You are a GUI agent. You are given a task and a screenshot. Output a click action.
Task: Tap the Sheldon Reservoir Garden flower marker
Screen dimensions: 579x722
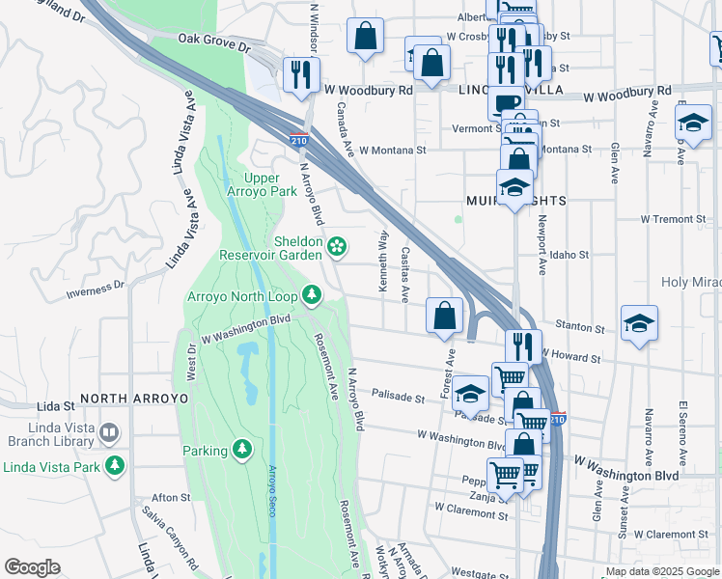337,247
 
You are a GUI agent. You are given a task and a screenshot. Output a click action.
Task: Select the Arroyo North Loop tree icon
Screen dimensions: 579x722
312,294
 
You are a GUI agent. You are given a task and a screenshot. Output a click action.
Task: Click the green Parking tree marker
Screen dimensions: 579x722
241,450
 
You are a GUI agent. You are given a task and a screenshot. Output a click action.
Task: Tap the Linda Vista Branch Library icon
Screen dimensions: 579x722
108,432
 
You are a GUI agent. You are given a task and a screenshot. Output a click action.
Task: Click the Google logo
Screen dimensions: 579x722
32,567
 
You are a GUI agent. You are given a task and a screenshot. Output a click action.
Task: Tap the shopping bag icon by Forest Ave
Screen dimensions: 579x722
444,315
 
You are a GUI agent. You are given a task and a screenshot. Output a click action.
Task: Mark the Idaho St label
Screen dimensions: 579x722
569,254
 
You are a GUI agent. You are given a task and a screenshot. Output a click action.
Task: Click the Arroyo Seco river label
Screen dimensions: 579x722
271,490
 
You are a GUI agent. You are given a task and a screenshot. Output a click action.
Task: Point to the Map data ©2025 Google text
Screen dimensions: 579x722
662,571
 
